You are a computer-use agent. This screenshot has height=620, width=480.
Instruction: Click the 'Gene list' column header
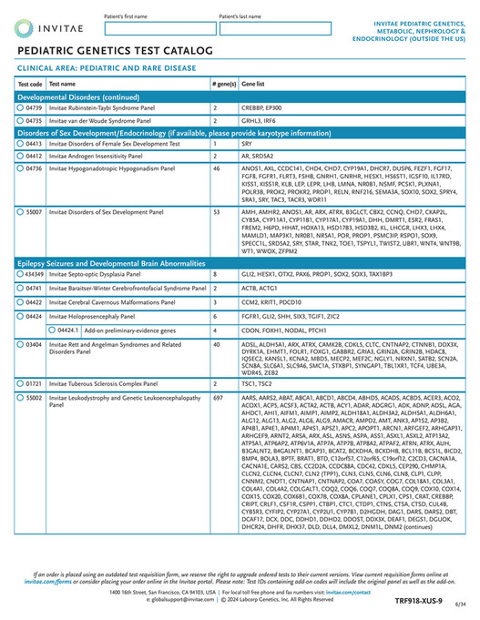[x=253, y=83]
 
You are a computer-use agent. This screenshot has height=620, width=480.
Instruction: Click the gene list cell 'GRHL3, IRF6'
[x=258, y=120]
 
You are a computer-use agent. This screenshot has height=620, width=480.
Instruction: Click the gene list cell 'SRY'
[x=246, y=144]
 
